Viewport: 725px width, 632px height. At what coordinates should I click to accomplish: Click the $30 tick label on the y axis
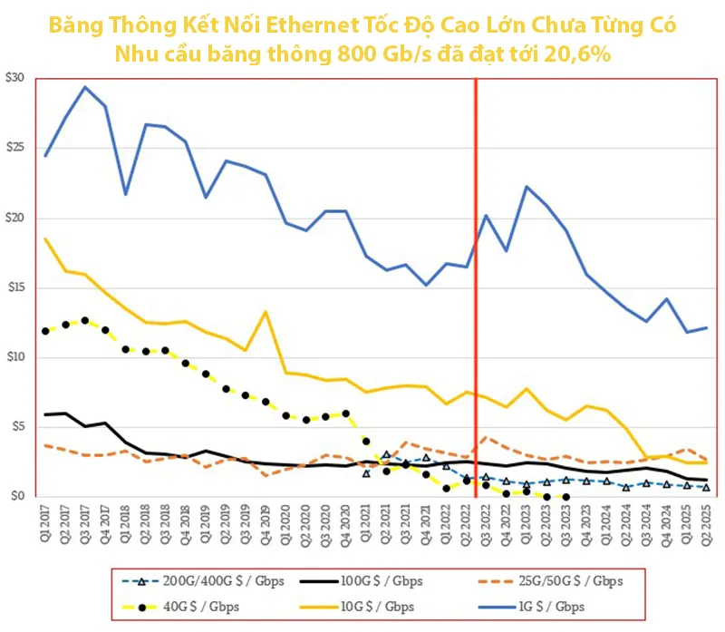15,79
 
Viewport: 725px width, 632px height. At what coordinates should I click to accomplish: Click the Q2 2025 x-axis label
705,526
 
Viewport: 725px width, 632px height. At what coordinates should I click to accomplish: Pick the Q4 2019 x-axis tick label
266,526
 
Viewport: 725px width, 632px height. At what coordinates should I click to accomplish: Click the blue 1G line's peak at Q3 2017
85,87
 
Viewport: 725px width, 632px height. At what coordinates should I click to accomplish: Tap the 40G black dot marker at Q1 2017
45,331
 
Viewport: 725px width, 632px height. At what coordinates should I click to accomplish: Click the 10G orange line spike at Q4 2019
266,313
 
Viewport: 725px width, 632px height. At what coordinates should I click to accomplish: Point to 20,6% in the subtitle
575,53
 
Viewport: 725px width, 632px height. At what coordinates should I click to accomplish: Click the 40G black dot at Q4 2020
345,413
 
